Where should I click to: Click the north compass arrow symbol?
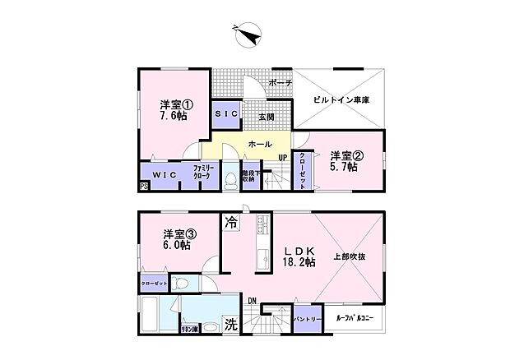248,35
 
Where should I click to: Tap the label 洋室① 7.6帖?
176,110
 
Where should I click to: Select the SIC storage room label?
226,114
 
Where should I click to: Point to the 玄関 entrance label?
267,118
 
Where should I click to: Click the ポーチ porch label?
280,84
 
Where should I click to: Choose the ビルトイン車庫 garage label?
341,99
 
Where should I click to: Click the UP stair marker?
282,158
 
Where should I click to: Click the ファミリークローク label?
204,173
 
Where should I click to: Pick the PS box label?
144,187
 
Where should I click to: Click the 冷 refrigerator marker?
231,222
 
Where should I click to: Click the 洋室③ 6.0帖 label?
176,239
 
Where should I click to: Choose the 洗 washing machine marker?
232,325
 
